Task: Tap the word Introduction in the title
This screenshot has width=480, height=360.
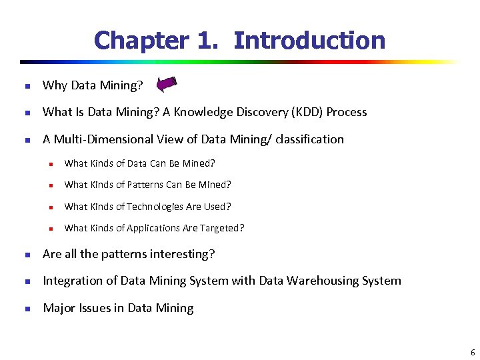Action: [x=309, y=41]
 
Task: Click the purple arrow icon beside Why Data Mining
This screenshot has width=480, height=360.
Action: [x=165, y=84]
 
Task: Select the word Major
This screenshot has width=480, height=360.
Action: [x=58, y=308]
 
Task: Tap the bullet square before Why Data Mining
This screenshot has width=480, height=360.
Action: [x=27, y=85]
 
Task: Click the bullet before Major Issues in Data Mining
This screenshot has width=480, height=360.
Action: [x=27, y=309]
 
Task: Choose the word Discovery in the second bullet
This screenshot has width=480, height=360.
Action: [x=262, y=112]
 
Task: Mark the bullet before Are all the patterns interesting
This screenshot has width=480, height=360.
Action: [x=27, y=255]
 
